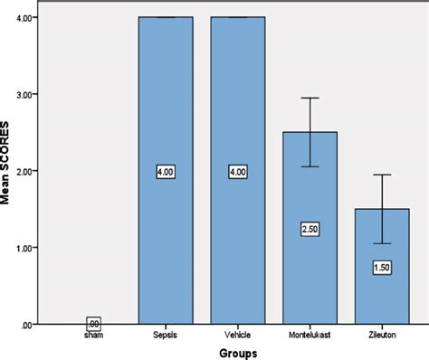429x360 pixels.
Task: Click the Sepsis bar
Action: coord(167,109)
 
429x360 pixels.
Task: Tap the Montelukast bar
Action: coord(310,271)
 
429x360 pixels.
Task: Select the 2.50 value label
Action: coord(310,229)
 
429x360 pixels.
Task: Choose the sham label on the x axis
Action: coord(94,333)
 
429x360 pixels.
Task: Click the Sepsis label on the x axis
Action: coord(167,333)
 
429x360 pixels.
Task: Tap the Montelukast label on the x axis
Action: coord(310,333)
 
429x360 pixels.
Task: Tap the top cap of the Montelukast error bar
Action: coord(310,98)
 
